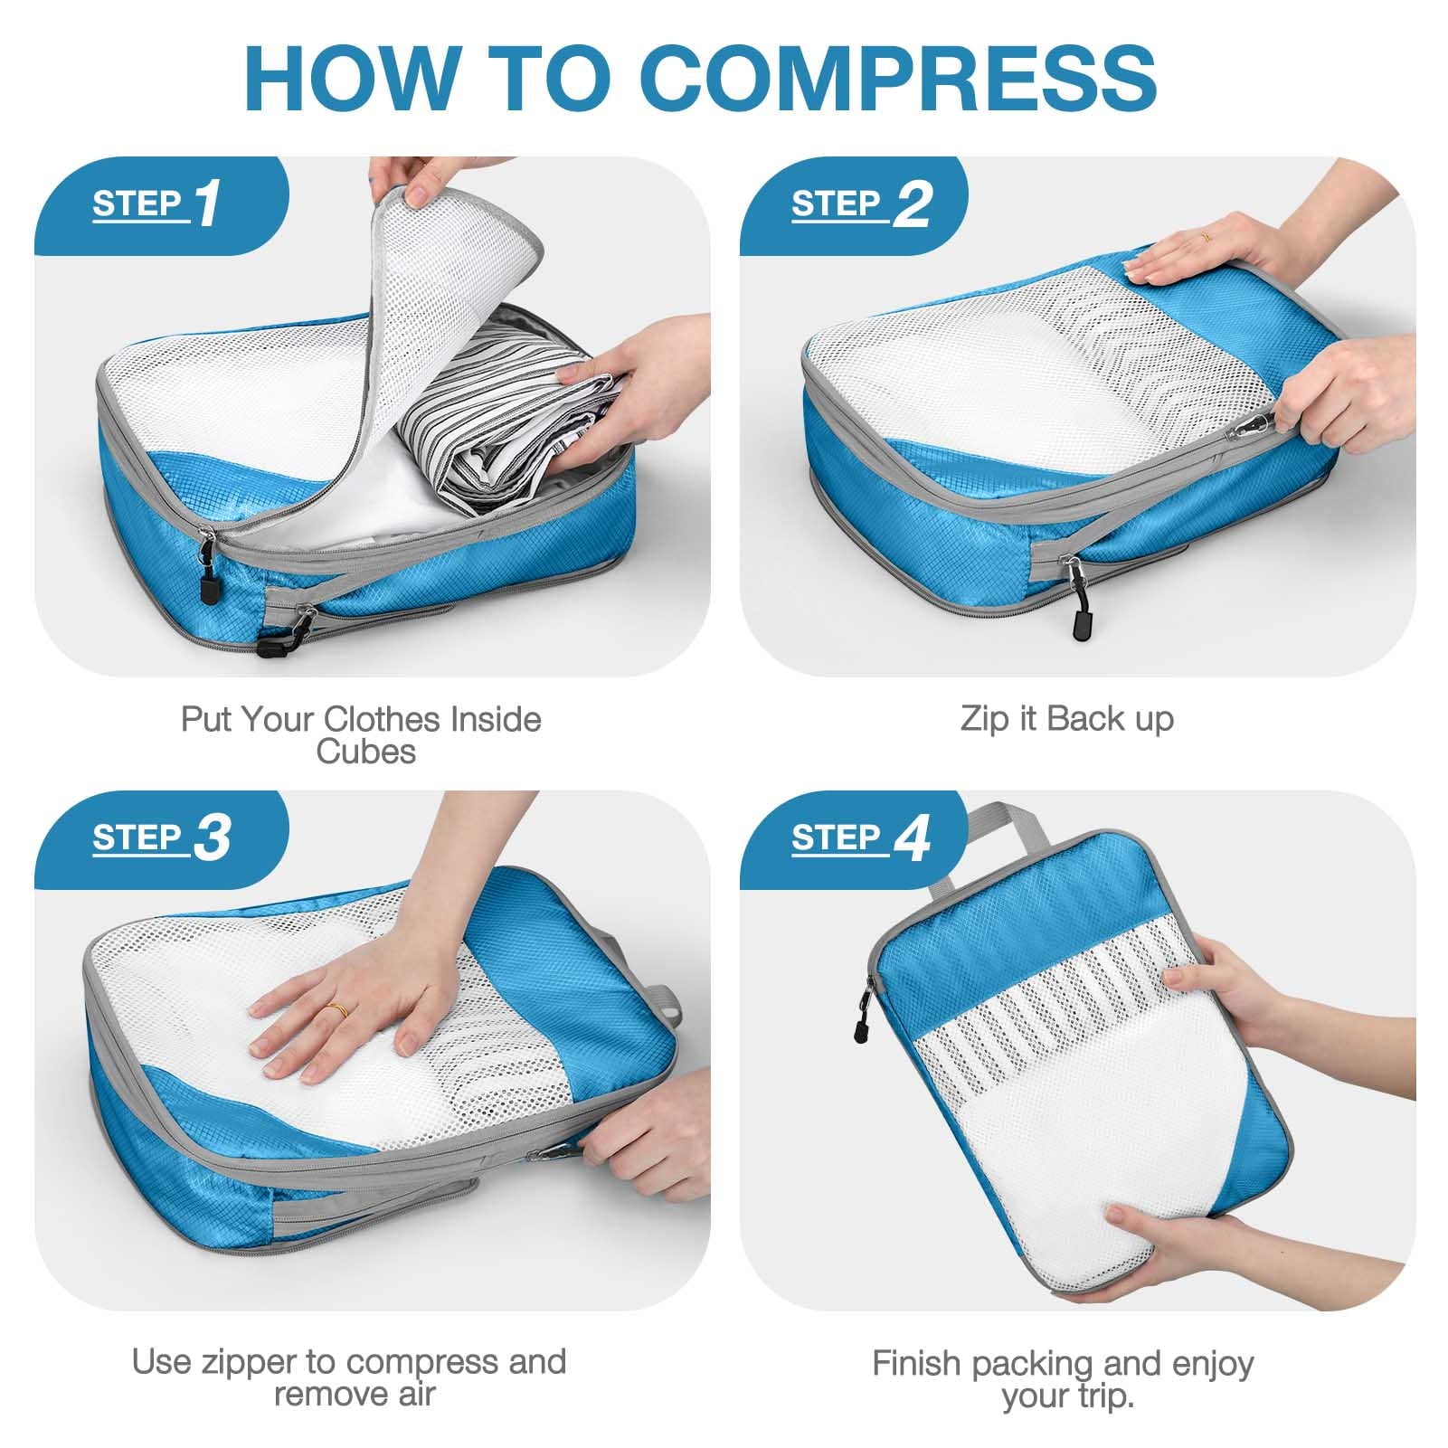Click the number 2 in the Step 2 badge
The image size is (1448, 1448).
912,205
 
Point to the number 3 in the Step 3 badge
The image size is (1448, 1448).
212,839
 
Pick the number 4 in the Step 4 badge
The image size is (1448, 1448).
912,839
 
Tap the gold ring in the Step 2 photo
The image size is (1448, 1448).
1205,236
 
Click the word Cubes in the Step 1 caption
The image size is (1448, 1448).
365,752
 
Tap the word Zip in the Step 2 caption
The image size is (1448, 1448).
981,720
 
